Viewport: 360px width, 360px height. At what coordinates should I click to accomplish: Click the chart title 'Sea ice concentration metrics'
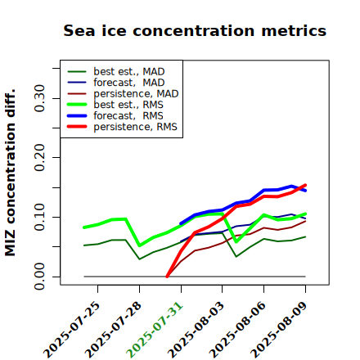click(195, 30)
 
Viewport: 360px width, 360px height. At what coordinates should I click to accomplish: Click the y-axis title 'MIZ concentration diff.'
click(10, 173)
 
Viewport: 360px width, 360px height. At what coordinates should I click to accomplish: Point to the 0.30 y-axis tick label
click(40, 98)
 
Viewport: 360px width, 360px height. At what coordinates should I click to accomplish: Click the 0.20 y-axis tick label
click(40, 158)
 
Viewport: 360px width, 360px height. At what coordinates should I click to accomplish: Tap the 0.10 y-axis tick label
click(40, 217)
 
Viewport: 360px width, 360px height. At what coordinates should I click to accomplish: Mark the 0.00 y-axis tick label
click(40, 277)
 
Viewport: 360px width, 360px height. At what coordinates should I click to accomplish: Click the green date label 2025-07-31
click(155, 330)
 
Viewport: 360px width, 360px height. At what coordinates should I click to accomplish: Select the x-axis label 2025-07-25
click(72, 330)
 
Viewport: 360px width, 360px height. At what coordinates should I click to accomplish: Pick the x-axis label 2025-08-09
click(279, 330)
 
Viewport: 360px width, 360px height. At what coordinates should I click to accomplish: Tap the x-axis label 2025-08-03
click(196, 330)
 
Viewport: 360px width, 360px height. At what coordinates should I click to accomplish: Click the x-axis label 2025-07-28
click(114, 330)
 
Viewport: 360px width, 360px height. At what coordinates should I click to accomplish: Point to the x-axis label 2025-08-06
click(237, 330)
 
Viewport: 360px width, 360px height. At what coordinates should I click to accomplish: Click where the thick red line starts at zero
click(167, 277)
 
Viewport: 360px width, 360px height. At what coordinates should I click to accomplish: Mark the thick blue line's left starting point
click(181, 223)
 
